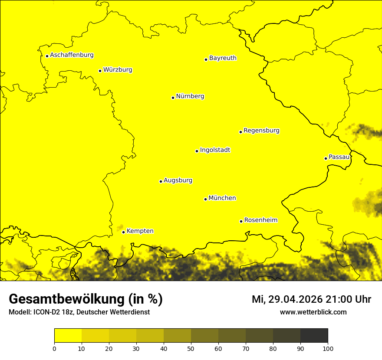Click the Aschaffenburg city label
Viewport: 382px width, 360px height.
[72, 55]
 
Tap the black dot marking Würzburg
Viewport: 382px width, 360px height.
[100, 71]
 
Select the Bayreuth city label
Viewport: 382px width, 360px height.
[223, 58]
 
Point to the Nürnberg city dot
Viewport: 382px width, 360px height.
[173, 98]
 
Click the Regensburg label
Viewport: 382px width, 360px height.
[261, 131]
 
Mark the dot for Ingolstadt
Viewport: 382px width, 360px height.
[197, 151]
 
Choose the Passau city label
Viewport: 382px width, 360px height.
[339, 157]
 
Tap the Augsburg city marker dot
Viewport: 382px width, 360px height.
[161, 181]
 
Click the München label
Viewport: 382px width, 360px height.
[222, 198]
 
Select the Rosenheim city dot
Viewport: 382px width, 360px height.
[241, 221]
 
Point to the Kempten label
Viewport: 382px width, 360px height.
[140, 231]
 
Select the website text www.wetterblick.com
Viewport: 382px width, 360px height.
[313, 312]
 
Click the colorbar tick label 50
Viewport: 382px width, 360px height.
[191, 348]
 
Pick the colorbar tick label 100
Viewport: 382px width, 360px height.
[328, 348]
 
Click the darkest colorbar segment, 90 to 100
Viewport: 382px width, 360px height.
[314, 336]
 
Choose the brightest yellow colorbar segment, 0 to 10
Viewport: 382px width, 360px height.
[68, 336]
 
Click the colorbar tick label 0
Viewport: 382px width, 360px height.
[54, 348]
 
